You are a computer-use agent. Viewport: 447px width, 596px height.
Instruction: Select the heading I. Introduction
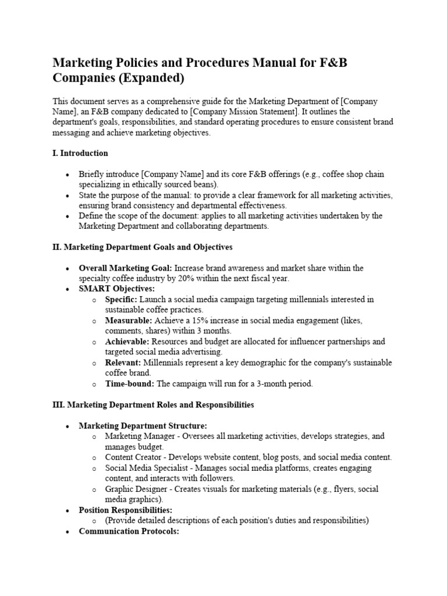click(x=80, y=153)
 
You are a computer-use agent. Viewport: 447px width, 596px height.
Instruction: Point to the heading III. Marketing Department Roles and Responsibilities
click(x=153, y=405)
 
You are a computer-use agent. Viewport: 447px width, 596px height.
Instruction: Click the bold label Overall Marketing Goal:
click(x=126, y=268)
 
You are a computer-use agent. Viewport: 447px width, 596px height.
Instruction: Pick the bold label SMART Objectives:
click(x=117, y=289)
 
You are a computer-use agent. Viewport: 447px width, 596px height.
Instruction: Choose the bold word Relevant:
click(x=124, y=363)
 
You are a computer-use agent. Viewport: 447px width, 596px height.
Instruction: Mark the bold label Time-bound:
click(x=130, y=384)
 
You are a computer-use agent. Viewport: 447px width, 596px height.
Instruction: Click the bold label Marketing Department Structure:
click(x=143, y=425)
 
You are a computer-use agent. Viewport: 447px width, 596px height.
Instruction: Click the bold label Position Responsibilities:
click(x=126, y=510)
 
